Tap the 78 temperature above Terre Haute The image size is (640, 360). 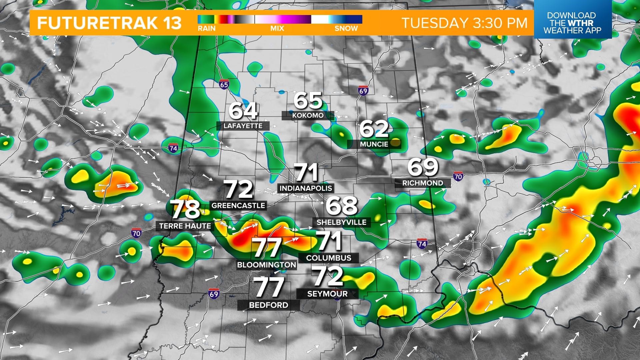tap(185, 209)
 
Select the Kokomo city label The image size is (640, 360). tap(308, 115)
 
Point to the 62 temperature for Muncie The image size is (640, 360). tap(374, 129)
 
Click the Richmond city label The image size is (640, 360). tap(423, 183)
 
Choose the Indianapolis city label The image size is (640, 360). tap(306, 188)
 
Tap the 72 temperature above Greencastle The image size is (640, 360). tap(238, 189)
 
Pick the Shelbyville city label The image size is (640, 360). tap(341, 222)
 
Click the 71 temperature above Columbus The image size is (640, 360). tap(328, 241)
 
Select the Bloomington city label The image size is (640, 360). tap(266, 265)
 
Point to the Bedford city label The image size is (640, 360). tap(268, 305)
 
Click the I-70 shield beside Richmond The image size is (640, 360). tap(458, 176)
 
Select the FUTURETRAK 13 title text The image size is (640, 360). tap(109, 23)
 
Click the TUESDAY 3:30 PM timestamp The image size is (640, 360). tap(464, 23)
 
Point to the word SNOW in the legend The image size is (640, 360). tap(346, 29)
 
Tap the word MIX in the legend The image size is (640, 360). tap(277, 29)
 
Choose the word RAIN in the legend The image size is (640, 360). tap(207, 29)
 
